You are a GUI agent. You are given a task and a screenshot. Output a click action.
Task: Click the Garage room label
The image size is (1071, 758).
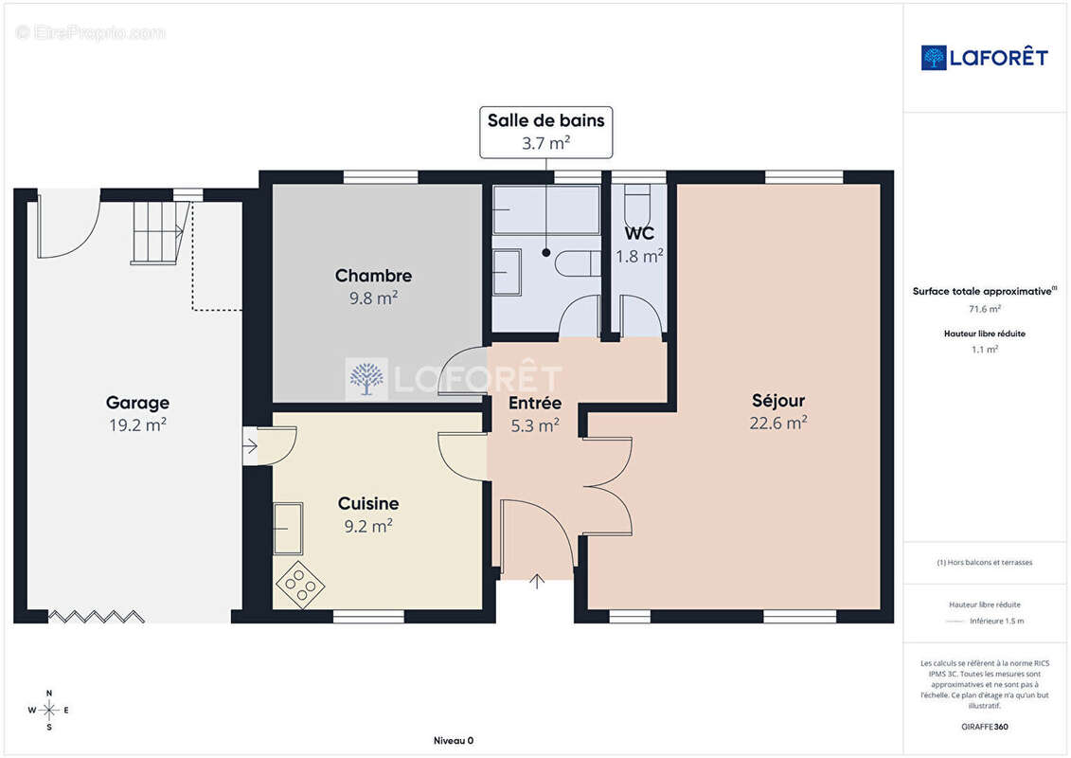click(x=137, y=403)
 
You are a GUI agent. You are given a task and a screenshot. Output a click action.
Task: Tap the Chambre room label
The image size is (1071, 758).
click(x=373, y=276)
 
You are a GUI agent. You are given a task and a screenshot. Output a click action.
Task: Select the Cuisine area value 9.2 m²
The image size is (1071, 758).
click(x=368, y=526)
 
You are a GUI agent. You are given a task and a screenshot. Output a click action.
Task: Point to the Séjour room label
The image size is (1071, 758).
click(x=778, y=401)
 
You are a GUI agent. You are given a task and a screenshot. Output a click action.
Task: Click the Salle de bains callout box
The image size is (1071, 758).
click(x=545, y=132)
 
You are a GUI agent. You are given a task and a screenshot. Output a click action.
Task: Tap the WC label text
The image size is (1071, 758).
click(x=639, y=233)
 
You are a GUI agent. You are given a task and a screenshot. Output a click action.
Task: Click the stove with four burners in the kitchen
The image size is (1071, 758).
click(x=300, y=585)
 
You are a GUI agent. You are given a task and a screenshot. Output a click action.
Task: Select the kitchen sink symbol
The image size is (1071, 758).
click(x=288, y=529)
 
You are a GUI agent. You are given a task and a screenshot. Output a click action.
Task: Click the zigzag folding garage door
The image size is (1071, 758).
click(x=97, y=617)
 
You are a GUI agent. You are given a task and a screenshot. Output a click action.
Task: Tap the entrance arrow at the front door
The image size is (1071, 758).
click(x=538, y=581)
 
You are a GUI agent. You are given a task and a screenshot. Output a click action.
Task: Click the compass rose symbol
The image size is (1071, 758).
click(x=48, y=711)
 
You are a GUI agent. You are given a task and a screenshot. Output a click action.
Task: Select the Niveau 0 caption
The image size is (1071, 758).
click(x=454, y=740)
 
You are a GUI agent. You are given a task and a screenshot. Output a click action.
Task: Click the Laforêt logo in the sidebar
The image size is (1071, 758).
click(x=984, y=58)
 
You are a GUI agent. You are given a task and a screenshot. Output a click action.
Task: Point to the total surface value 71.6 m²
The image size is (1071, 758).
click(x=984, y=309)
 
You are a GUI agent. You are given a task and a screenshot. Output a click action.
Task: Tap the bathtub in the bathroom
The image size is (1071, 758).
click(x=545, y=209)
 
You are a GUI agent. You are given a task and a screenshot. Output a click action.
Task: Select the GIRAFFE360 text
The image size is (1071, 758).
click(x=984, y=727)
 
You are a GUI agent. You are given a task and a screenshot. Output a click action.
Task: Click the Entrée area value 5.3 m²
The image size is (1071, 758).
click(x=535, y=425)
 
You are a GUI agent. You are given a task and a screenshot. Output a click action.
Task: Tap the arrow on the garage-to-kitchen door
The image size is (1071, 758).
click(x=251, y=446)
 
